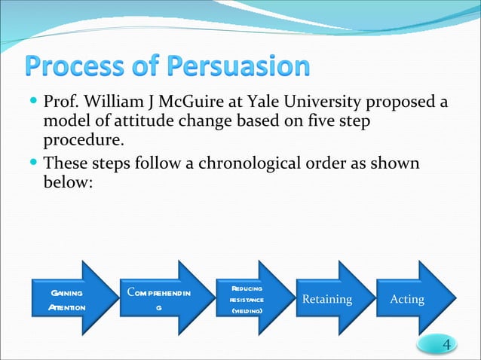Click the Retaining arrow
329,300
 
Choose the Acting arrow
412,300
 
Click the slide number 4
448,345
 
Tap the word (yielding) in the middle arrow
247,310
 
